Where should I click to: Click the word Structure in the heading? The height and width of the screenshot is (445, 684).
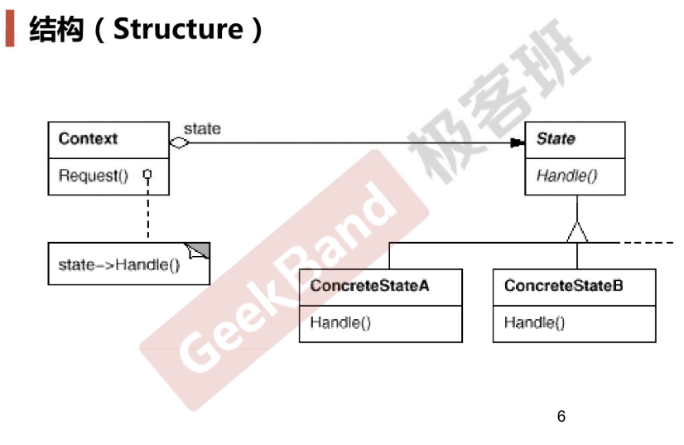tap(178, 29)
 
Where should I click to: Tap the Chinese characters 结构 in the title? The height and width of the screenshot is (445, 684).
tap(55, 29)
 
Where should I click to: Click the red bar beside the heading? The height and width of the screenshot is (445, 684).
tap(10, 28)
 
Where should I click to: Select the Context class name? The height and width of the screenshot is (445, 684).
tap(88, 138)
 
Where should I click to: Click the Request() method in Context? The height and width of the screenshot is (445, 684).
tap(94, 176)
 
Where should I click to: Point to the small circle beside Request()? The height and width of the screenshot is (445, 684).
tap(147, 174)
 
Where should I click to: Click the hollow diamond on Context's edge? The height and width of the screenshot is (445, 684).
tap(179, 143)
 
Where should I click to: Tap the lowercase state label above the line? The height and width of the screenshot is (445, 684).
tap(202, 128)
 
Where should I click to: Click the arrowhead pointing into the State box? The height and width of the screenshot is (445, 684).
tap(518, 143)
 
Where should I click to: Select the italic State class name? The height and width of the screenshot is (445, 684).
tap(556, 138)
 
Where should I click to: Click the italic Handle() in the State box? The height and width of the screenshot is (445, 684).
tap(566, 176)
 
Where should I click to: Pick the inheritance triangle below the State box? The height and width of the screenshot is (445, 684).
tap(577, 232)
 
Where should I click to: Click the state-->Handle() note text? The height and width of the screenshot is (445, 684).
tap(119, 264)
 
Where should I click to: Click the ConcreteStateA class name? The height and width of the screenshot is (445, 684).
tap(369, 286)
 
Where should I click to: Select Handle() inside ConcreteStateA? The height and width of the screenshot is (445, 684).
tap(340, 322)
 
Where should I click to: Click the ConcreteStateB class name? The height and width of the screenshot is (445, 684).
tap(564, 286)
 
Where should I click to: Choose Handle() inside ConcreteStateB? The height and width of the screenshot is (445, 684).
tap(534, 322)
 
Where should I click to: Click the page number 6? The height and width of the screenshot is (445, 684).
tap(561, 416)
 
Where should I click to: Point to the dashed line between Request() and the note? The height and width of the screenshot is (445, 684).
tap(148, 209)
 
